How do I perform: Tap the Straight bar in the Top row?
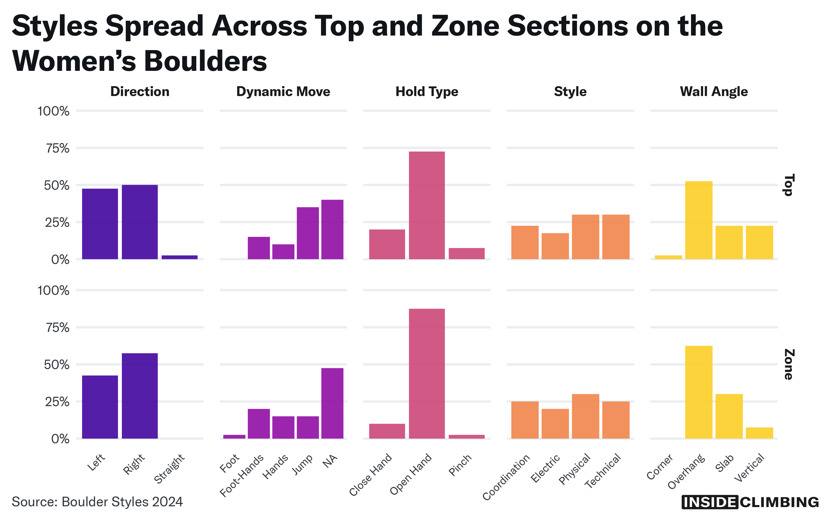(179, 257)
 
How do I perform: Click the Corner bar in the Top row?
(668, 257)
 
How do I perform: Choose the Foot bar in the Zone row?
(234, 437)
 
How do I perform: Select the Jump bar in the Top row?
(308, 233)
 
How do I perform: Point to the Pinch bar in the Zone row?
(466, 437)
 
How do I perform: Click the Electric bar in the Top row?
(555, 246)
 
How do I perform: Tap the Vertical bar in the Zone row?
(759, 433)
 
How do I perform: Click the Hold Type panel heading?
(427, 92)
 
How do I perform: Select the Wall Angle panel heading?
(714, 92)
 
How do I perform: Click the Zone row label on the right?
(789, 365)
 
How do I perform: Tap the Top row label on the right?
(789, 185)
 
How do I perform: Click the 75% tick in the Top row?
(58, 148)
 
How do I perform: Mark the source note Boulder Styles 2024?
(97, 502)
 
